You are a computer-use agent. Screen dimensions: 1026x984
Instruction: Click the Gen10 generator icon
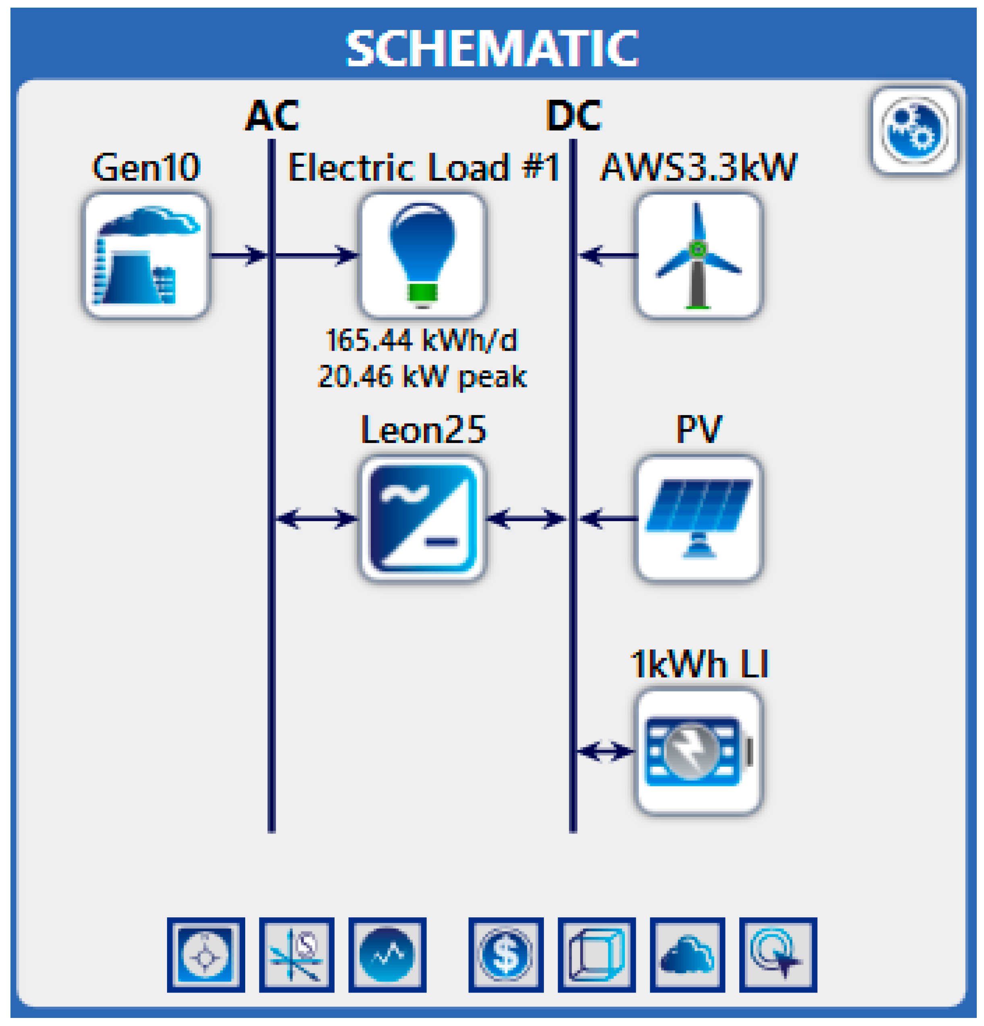[147, 255]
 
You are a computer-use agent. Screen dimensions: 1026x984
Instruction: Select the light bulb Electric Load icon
[422, 255]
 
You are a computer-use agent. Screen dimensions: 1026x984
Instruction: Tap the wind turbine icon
[698, 255]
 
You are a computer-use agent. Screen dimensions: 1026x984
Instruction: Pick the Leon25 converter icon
[422, 519]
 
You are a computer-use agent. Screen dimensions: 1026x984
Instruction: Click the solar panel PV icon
[698, 519]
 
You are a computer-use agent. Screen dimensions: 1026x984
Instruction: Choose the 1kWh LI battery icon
[698, 752]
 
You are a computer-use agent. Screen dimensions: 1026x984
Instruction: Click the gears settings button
[914, 130]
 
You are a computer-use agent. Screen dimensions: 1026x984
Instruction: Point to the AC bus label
[272, 116]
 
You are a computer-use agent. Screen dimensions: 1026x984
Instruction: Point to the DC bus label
[574, 116]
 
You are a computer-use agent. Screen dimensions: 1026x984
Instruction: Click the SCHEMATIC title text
[492, 48]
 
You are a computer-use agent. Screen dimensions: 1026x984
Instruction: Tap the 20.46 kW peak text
[422, 376]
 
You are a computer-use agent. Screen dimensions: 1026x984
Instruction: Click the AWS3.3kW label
[698, 168]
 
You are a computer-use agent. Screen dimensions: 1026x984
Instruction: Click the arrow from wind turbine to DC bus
[607, 255]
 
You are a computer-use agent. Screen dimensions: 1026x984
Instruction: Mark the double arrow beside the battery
[605, 752]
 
